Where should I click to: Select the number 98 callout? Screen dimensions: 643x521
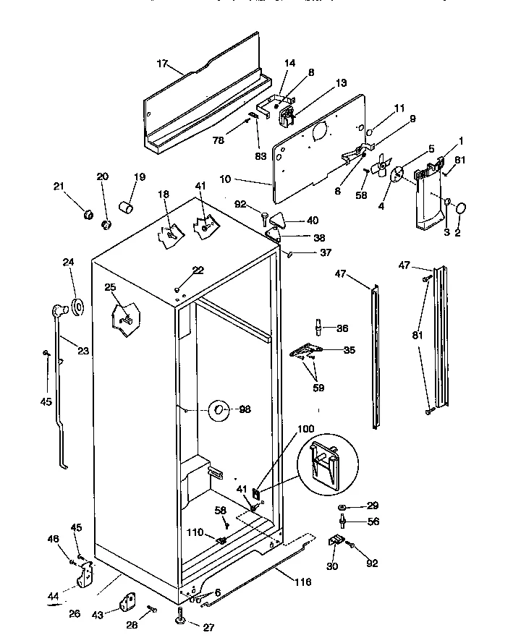tap(245, 409)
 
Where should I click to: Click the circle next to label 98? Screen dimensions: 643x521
tap(219, 410)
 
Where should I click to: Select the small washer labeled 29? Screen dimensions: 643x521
tap(342, 506)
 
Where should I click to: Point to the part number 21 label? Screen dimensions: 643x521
tap(59, 186)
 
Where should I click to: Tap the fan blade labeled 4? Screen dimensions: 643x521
tap(378, 168)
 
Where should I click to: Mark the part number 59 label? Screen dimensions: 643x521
tap(318, 388)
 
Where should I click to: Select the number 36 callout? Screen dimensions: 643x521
tap(342, 327)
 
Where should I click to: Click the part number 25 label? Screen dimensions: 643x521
tap(109, 288)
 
